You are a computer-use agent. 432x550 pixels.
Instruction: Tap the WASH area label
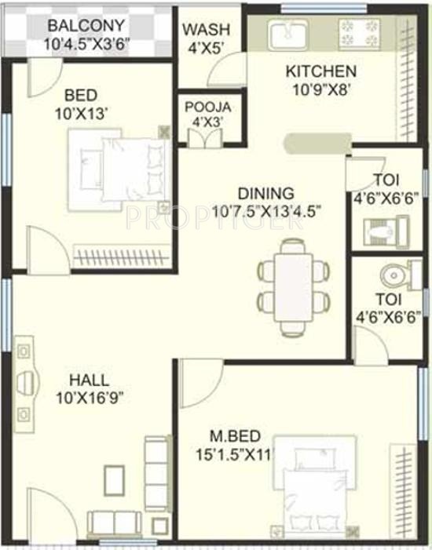[207, 30]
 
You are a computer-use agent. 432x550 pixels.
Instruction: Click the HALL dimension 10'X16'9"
[88, 396]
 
